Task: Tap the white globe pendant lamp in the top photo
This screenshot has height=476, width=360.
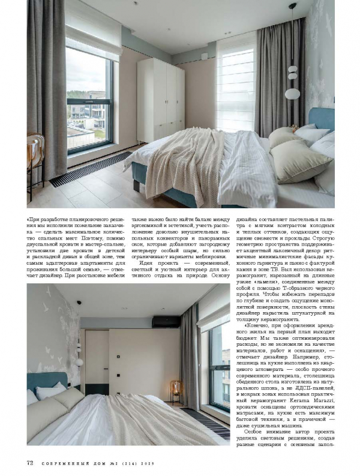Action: [x=292, y=92]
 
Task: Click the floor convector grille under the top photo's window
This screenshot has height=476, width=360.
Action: [x=91, y=168]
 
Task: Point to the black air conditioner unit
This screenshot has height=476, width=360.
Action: [x=166, y=322]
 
